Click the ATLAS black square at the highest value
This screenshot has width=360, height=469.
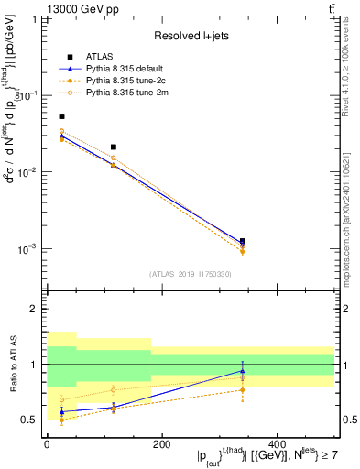click(x=61, y=116)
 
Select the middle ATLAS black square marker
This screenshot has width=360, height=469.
click(x=114, y=147)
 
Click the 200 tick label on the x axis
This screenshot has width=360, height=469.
click(x=161, y=444)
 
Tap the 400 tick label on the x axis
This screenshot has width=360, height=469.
click(x=277, y=444)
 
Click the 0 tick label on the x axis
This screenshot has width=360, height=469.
click(x=46, y=444)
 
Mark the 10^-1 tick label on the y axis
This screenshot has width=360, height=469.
click(x=27, y=95)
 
